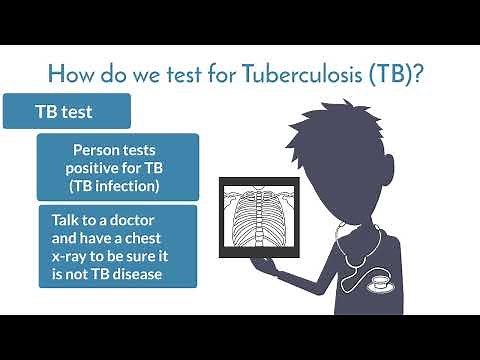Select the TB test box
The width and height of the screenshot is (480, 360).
(x=68, y=111)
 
